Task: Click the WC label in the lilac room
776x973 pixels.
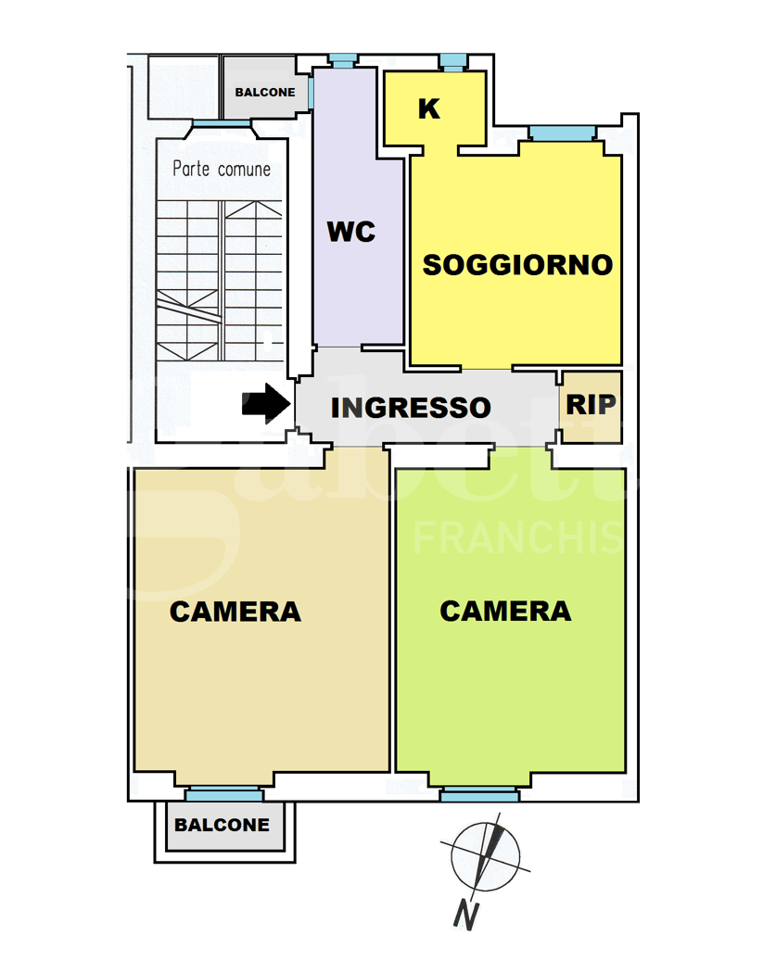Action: coord(351,232)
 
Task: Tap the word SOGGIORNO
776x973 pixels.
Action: coord(517,265)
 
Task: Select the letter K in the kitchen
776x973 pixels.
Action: coord(428,109)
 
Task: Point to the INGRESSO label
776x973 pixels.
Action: coord(411,408)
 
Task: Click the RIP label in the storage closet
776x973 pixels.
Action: coord(591,406)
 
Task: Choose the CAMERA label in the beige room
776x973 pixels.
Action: coord(235,612)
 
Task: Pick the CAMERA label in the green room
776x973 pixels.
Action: coord(505,611)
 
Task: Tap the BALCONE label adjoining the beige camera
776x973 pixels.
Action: coord(223,825)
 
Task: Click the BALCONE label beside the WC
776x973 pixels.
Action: coord(265,93)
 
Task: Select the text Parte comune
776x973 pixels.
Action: coord(223,170)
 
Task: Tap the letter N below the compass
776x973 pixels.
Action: coord(466,916)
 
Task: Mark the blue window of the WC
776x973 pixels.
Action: coord(343,60)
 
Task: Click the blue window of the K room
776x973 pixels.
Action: coord(453,62)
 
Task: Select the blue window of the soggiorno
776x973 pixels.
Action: coord(563,133)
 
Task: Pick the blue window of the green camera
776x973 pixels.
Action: coord(479,794)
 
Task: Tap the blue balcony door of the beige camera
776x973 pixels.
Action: coord(223,794)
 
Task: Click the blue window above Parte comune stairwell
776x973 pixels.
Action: coord(222,124)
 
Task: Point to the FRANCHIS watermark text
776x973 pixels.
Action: coord(517,537)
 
